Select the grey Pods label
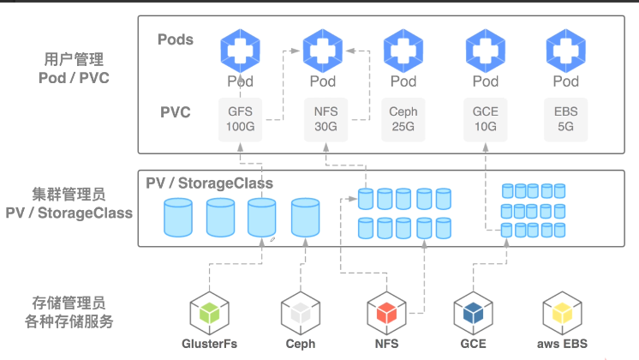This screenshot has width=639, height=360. [x=176, y=39]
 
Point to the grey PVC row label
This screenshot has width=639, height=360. [x=176, y=112]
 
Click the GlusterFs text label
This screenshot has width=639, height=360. [x=210, y=344]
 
